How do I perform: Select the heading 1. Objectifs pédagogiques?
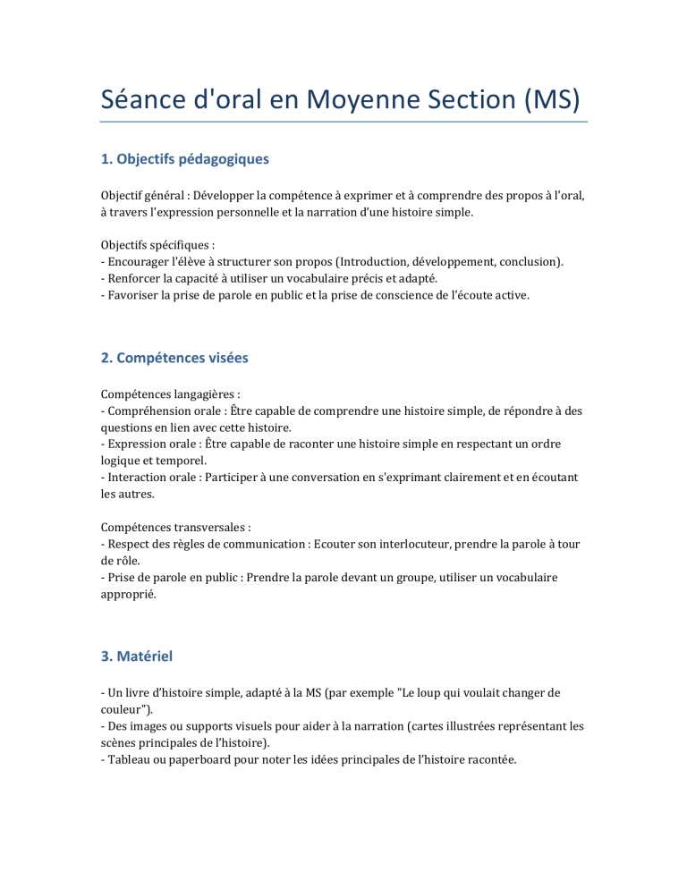coord(184,159)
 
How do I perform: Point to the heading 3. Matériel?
coord(137,656)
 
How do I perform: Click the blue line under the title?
coord(343,122)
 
